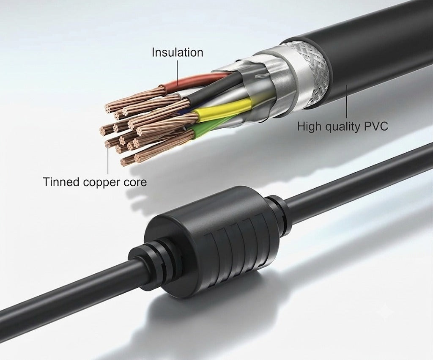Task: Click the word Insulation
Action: [x=177, y=52]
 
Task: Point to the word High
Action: [x=309, y=127]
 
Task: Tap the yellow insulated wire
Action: [x=224, y=110]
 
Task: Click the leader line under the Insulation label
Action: [x=177, y=72]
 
